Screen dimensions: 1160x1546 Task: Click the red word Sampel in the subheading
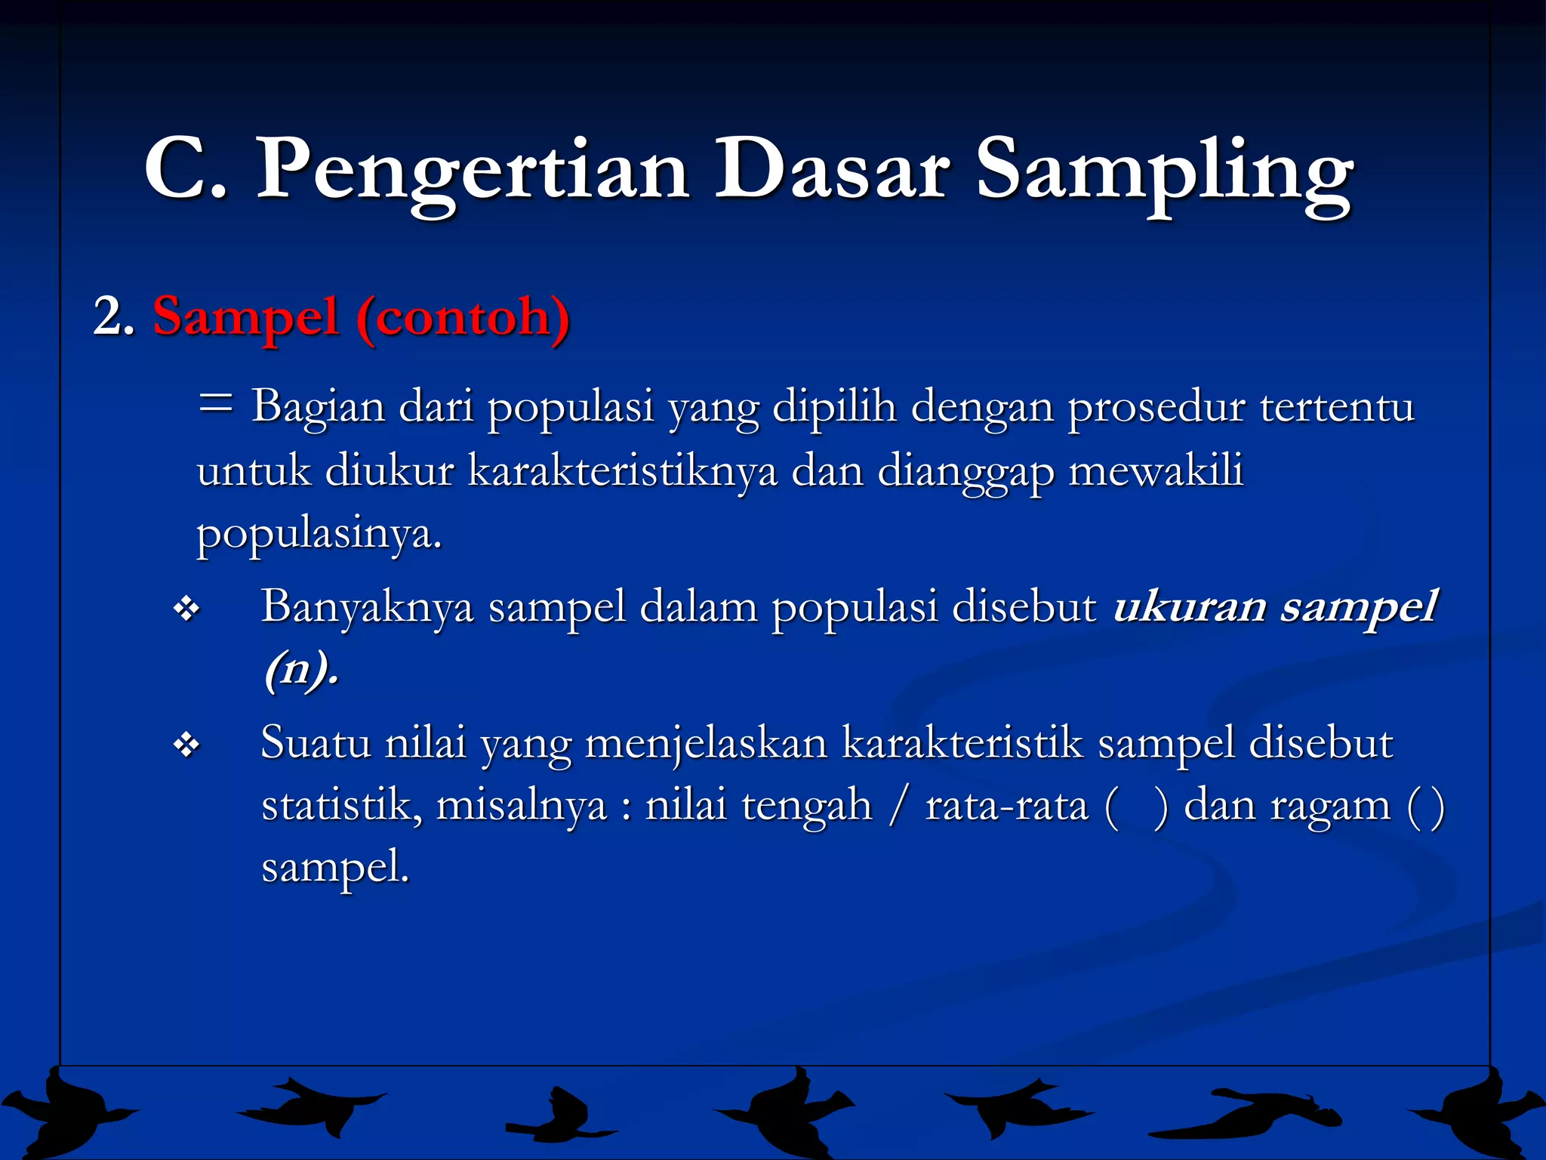[x=245, y=317]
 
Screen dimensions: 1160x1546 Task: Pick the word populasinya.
[x=318, y=535]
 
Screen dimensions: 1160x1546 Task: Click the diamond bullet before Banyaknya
[x=186, y=608]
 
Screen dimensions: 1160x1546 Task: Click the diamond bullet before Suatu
[x=186, y=745]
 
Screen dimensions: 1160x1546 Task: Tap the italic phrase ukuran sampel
[x=1274, y=606]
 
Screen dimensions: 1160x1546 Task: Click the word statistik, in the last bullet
[x=341, y=805]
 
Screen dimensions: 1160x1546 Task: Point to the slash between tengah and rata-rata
[x=898, y=805]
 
